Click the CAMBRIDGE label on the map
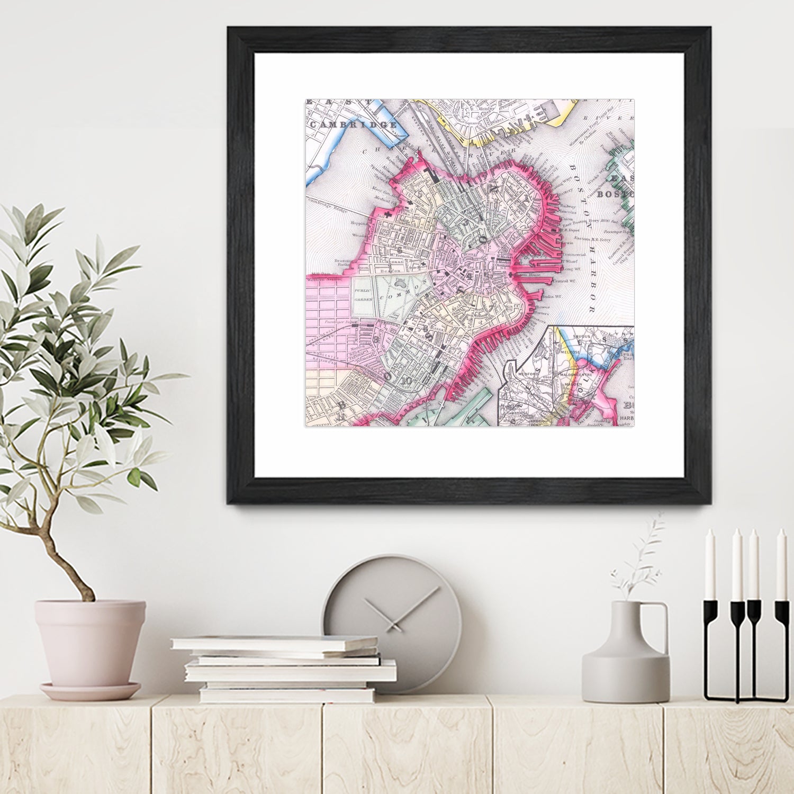tap(354, 124)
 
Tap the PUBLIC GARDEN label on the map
tap(364, 295)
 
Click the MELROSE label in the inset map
tap(571, 351)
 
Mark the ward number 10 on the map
tap(407, 381)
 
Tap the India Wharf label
tap(551, 297)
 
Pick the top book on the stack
tap(274, 643)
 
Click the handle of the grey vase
tap(660, 625)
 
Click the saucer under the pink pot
tap(90, 691)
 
